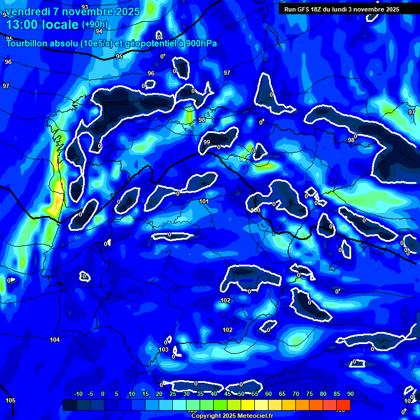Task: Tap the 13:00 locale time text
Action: click(x=42, y=25)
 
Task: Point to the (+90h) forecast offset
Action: click(x=95, y=25)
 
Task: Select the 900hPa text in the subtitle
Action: click(x=202, y=43)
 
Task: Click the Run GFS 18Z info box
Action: click(x=342, y=9)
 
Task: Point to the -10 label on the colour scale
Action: click(x=78, y=394)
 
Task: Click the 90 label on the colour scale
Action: click(x=350, y=394)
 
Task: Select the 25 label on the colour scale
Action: click(x=173, y=394)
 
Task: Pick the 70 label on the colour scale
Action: click(x=295, y=394)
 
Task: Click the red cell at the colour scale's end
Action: click(x=343, y=405)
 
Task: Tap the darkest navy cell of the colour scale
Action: click(x=69, y=405)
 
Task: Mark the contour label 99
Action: click(x=207, y=142)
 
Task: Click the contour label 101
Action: click(x=204, y=202)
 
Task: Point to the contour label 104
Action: click(x=55, y=340)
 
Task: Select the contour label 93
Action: click(x=85, y=7)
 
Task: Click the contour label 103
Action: click(x=164, y=349)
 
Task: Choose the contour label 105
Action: click(x=10, y=401)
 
